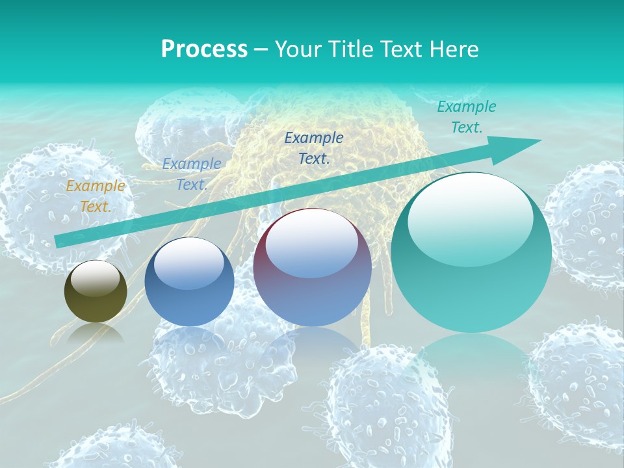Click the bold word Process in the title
(x=204, y=49)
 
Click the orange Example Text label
(x=96, y=196)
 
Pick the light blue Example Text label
(x=191, y=174)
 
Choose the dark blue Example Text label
(x=314, y=148)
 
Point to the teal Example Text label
(x=466, y=117)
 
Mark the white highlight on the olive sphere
(x=96, y=279)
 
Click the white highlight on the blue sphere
(x=189, y=262)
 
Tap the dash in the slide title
(x=261, y=49)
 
